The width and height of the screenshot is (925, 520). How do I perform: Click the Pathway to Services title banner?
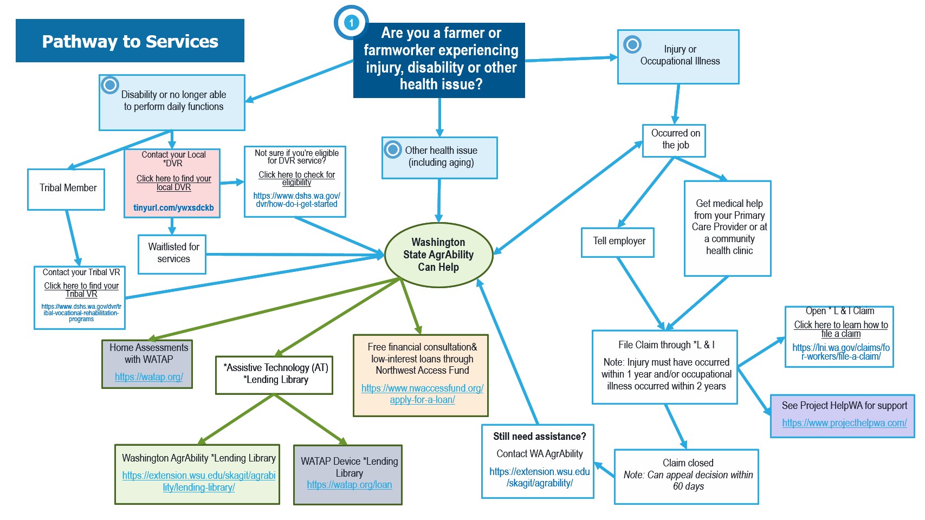[x=130, y=41]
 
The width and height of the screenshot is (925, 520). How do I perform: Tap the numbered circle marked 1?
[x=351, y=22]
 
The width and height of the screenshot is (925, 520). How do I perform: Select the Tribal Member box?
[x=66, y=188]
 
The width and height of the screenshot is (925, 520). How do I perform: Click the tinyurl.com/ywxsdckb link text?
[x=173, y=208]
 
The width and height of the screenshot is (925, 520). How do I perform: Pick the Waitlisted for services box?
[x=172, y=253]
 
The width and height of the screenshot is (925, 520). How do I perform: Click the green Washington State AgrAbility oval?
[x=438, y=255]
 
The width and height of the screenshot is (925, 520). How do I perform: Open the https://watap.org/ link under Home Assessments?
[x=148, y=377]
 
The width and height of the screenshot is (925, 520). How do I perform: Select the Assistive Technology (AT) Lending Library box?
[x=275, y=374]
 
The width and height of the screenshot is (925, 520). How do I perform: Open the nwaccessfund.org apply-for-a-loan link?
[x=422, y=394]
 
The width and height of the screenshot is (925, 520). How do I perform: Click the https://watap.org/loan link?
[x=349, y=485]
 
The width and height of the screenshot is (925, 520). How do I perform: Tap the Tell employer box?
[x=618, y=242]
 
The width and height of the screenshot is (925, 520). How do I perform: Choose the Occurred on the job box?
[x=675, y=140]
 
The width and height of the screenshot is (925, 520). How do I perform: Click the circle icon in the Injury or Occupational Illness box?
[x=632, y=44]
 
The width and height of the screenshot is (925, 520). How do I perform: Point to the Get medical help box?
[x=728, y=227]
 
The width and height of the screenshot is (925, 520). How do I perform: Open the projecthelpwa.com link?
[x=844, y=423]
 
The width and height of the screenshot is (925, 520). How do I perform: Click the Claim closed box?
[x=687, y=476]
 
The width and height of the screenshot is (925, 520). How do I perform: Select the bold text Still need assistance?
[x=539, y=437]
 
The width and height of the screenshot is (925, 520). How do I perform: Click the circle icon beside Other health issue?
[x=392, y=149]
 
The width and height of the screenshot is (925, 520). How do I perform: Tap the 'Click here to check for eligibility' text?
[x=296, y=178]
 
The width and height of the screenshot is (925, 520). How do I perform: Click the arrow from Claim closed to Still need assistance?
[x=605, y=470]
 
